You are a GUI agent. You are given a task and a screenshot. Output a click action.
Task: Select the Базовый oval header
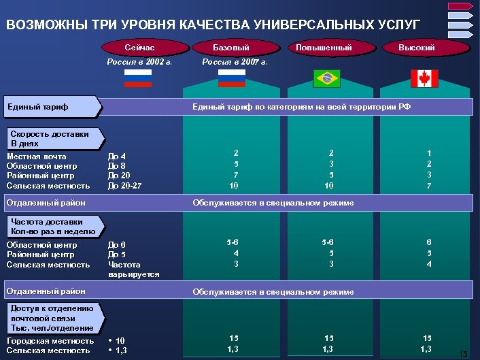click(231, 48)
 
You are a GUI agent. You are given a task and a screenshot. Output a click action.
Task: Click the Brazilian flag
click(326, 79)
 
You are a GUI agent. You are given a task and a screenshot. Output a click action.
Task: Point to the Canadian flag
click(425, 79)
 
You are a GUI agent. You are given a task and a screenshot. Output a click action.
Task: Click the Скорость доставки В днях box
click(54, 139)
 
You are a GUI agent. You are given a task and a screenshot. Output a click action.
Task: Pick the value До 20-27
click(125, 185)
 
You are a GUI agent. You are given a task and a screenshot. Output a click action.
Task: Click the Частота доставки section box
click(54, 226)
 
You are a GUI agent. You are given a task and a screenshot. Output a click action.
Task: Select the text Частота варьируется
click(133, 269)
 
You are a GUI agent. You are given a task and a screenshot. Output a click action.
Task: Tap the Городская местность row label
click(50, 340)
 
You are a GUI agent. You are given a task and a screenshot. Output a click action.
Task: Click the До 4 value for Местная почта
click(117, 157)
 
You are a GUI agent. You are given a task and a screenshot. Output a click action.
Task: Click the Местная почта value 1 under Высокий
click(428, 153)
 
